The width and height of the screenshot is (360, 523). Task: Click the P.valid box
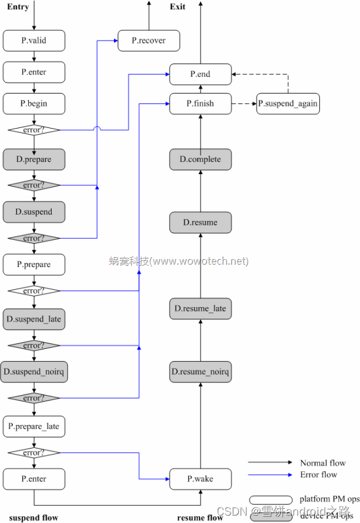coord(34,41)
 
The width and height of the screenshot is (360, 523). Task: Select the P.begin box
coord(34,103)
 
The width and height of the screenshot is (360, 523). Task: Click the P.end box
coord(200,74)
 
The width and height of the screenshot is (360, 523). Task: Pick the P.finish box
coord(200,103)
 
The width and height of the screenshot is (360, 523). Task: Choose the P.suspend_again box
coord(288,103)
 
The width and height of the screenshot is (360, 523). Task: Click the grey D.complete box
coord(200,159)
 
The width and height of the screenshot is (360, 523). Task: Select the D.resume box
coord(200,222)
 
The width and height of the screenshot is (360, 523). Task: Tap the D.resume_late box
coord(200,308)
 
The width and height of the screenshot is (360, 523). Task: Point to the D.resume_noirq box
coord(200,372)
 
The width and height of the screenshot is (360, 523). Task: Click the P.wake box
coord(200,479)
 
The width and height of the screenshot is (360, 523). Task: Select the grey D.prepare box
coord(34,159)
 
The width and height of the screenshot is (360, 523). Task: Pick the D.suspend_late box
coord(34,319)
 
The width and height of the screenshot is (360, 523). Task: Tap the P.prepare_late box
coord(34,426)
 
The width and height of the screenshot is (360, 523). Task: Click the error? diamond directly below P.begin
coord(34,130)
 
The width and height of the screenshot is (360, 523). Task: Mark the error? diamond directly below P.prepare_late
coord(34,453)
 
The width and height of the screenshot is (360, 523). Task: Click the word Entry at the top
coord(18,7)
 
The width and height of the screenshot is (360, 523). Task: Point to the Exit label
coord(178,7)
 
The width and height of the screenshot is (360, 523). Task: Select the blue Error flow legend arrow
coord(270,474)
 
